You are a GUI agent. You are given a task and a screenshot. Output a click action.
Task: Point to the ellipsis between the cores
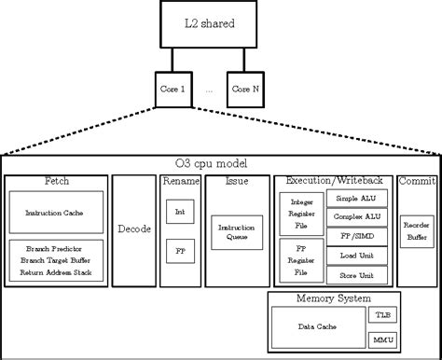coord(210,90)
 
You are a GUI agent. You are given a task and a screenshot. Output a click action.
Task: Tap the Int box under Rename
coord(179,213)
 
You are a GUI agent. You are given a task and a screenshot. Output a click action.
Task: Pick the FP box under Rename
coord(179,251)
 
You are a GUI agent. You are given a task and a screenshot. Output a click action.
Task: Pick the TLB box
coord(382,315)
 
